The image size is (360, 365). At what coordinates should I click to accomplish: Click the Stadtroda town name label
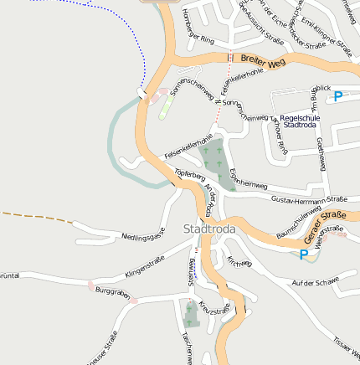coord(209,229)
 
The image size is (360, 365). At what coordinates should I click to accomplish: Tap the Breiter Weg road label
coord(263,61)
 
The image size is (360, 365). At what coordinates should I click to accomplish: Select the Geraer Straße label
coord(325,234)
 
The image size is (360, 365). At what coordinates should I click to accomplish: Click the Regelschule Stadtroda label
coord(300,121)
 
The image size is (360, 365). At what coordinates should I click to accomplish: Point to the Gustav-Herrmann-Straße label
coord(310,199)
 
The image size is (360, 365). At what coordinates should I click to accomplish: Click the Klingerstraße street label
coord(144,268)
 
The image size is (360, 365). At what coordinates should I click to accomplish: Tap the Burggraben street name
coord(112,292)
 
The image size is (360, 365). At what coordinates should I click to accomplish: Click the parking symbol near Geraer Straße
coord(303,254)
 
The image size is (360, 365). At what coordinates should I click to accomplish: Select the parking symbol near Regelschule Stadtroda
coord(338,96)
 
